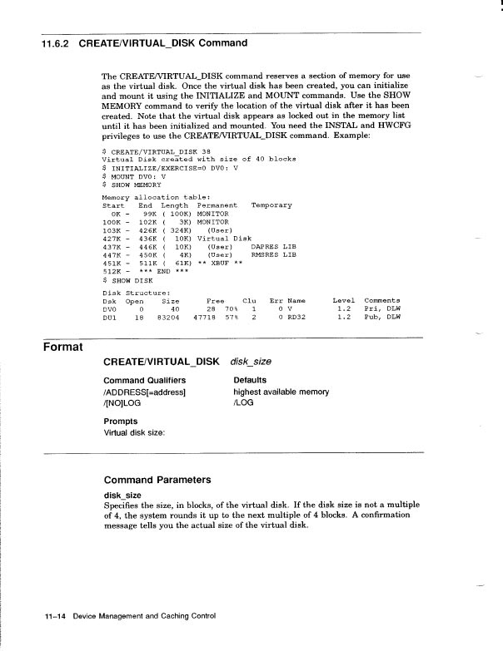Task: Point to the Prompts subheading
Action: point(122,421)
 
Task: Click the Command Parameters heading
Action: point(157,480)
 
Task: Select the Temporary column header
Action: point(271,205)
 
